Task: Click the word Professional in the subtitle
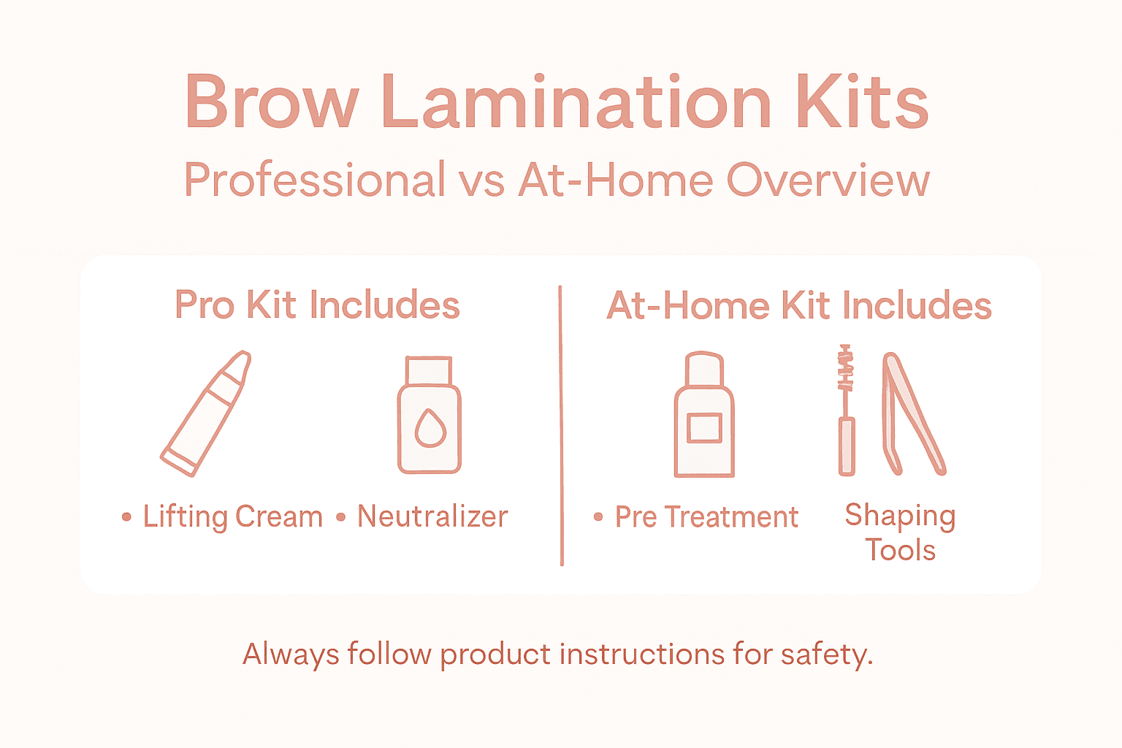click(315, 180)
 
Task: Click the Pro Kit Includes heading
click(317, 305)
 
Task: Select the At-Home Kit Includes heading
click(799, 305)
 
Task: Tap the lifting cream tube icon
click(206, 413)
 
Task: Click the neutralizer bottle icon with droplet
click(430, 416)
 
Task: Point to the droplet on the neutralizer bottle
click(430, 428)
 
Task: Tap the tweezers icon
click(913, 413)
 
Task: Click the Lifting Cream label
click(232, 517)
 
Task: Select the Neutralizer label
click(432, 517)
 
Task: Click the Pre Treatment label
click(706, 517)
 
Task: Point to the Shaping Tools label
click(900, 533)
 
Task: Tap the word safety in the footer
click(826, 654)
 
